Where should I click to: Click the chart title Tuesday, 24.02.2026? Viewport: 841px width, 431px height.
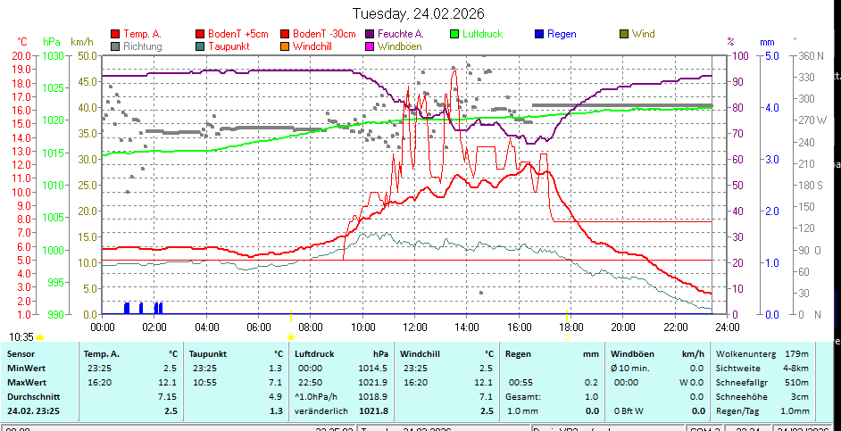[x=419, y=12]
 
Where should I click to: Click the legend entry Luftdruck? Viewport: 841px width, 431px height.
[x=482, y=34]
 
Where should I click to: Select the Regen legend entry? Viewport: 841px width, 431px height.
[x=562, y=34]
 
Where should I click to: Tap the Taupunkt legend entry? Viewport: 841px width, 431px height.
[x=228, y=46]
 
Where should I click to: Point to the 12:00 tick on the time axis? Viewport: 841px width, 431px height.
[x=415, y=327]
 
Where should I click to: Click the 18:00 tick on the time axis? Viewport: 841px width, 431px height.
[x=570, y=327]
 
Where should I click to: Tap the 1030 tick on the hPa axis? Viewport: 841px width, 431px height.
[x=54, y=55]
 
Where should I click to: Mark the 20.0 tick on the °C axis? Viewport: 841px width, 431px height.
[x=22, y=55]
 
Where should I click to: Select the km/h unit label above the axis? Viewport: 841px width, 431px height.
[x=82, y=42]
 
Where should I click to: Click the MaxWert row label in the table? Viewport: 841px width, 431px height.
[x=26, y=368]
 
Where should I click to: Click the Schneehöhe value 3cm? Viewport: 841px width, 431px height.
[x=800, y=396]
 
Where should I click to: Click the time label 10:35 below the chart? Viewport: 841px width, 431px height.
[x=21, y=336]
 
